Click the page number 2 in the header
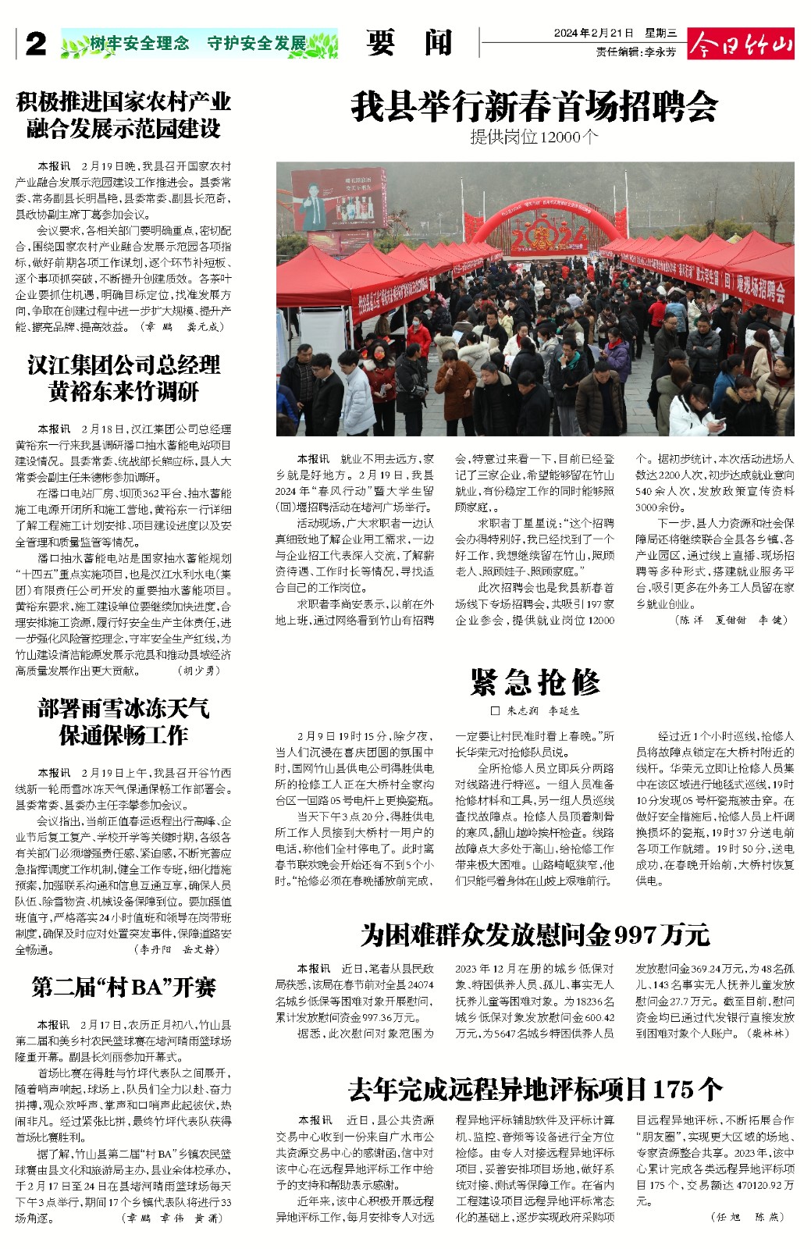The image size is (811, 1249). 36,44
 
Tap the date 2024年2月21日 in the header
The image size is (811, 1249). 593,34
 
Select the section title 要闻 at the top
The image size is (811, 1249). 409,43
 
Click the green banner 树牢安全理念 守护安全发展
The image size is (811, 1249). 199,44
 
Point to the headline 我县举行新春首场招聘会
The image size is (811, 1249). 534,106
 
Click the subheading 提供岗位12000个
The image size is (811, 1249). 534,137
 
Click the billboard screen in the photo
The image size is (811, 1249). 340,199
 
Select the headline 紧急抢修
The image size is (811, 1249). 535,682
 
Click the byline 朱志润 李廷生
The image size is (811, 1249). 535,711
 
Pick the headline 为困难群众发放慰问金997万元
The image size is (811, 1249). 535,934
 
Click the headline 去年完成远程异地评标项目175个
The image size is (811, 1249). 535,1088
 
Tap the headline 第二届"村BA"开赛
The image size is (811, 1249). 123,987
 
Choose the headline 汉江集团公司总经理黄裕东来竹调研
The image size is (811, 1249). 123,378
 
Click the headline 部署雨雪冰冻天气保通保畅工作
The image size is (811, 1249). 123,721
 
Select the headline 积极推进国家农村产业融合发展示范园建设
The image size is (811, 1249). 123,115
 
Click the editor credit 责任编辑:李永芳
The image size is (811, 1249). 636,52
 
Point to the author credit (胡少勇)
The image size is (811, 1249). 199,671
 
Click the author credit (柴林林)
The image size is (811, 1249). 768,1033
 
